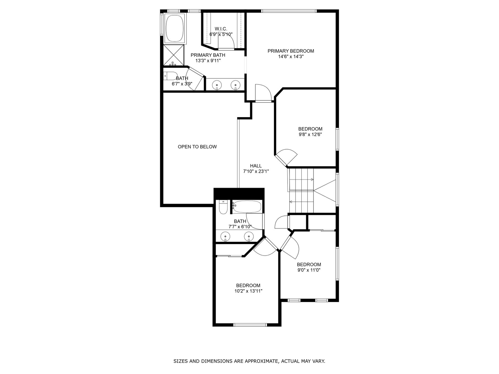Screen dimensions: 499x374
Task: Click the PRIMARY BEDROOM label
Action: [x=291, y=51]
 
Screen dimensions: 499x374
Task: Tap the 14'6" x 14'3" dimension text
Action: [x=291, y=57]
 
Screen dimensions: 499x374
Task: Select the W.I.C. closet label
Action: [x=221, y=29]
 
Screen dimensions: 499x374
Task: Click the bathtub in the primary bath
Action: [x=174, y=28]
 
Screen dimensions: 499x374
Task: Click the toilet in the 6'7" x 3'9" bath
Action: [x=170, y=76]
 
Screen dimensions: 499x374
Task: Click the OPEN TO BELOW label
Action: [x=197, y=147]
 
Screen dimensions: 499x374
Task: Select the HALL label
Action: [x=256, y=166]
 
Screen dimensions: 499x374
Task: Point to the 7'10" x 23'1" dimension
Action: [x=256, y=171]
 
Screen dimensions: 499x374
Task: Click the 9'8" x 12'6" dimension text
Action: [x=310, y=135]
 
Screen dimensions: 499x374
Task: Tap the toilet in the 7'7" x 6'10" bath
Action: [x=223, y=207]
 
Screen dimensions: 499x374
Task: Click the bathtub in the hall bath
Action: [x=247, y=207]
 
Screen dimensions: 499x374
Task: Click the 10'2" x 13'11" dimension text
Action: [x=248, y=291]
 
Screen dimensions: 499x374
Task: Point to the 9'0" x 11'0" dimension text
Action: [x=309, y=270]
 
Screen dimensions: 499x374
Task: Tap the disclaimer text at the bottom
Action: [x=249, y=361]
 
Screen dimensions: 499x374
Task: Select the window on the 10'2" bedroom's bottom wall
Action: [x=250, y=324]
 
